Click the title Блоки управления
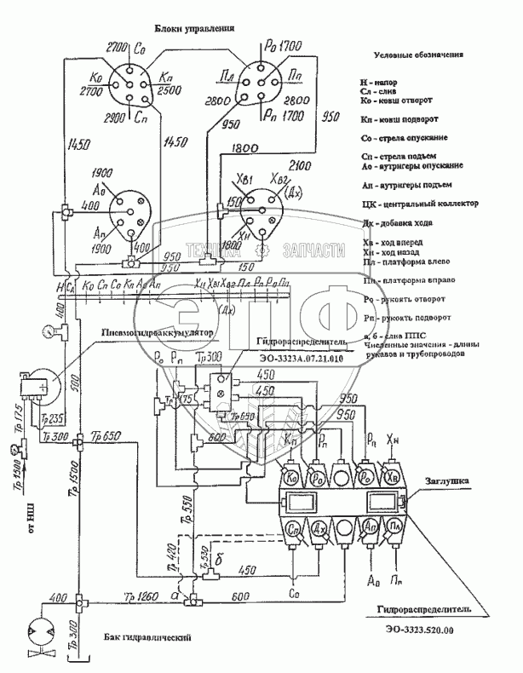tap(193, 28)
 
